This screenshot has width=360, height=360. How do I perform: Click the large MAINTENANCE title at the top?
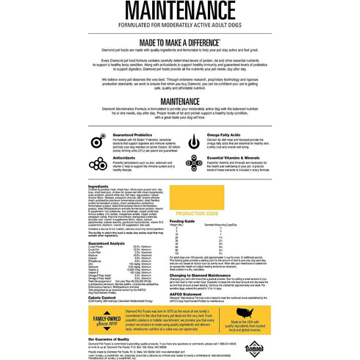point(180,12)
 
